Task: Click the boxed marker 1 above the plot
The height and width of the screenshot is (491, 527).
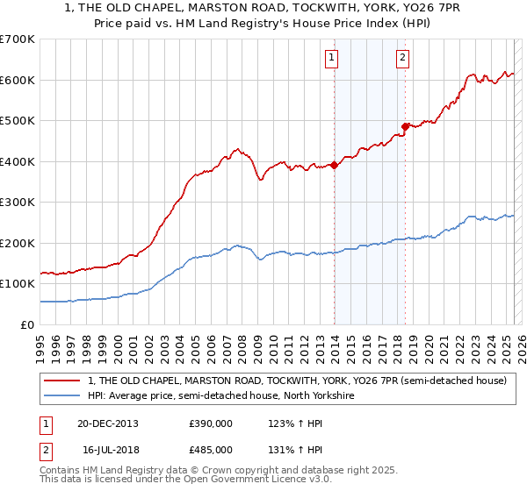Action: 332,59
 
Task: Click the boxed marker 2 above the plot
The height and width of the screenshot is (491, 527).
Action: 402,59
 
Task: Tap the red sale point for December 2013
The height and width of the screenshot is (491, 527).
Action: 335,165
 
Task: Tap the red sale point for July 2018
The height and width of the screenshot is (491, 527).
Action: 405,126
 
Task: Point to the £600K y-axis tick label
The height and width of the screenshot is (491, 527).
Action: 18,80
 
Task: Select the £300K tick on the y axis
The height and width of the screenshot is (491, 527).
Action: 18,203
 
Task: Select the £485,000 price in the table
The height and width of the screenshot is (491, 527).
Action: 211,449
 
